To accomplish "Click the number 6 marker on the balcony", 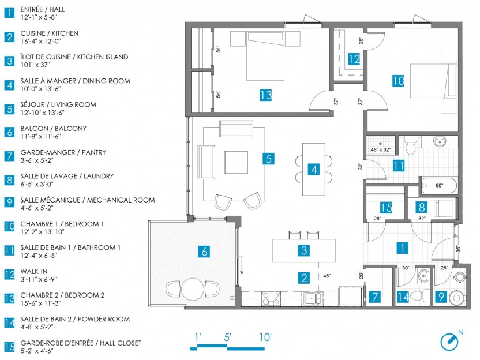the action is (204, 252).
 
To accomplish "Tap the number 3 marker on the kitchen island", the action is (304, 250).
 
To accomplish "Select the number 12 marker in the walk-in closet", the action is (354, 59).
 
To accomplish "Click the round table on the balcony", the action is (193, 288).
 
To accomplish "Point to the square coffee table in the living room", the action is (236, 162).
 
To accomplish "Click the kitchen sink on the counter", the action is (313, 298).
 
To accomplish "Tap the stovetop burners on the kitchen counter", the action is (271, 298).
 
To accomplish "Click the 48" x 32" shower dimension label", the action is (381, 149).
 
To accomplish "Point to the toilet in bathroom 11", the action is (410, 146).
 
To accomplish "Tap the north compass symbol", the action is (449, 342).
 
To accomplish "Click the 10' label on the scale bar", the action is (265, 337).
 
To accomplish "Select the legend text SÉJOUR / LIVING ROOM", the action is (58, 104).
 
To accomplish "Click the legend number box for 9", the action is (9, 202).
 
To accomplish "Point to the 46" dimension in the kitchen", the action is (327, 276).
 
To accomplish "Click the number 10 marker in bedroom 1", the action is (398, 81).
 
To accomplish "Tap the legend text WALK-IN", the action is (34, 271).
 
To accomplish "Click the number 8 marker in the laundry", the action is (422, 207).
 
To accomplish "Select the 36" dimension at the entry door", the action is (458, 249).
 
